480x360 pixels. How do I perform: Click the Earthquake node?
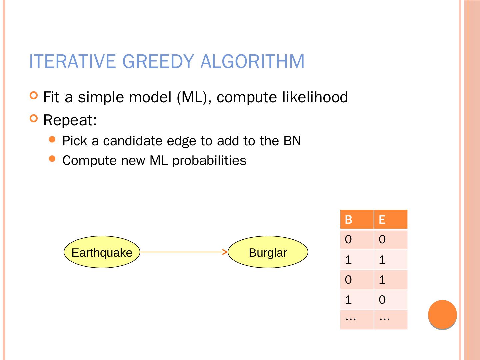[102, 252]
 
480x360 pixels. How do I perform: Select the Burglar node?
[268, 252]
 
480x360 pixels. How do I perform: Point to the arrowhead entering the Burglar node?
[225, 252]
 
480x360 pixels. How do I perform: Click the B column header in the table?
[357, 220]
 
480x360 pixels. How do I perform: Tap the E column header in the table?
[390, 220]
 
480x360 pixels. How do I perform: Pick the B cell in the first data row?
[357, 240]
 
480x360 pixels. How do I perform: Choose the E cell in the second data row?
[390, 260]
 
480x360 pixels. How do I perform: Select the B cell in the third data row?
[357, 280]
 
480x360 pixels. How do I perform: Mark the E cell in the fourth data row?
[390, 300]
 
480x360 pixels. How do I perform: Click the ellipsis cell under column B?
[357, 319]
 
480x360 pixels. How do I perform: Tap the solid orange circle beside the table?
[442, 315]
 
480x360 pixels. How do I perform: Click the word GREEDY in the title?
[158, 61]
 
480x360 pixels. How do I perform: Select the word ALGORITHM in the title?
[252, 61]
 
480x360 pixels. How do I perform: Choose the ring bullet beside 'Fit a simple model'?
[34, 96]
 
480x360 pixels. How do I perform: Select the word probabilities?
[209, 161]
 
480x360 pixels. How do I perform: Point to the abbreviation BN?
[292, 141]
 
